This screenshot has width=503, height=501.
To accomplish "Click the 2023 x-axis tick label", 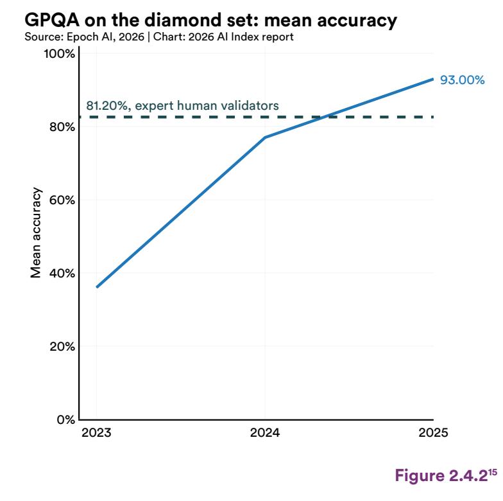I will point(96,433).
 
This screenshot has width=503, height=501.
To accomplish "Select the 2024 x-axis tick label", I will point(265,433).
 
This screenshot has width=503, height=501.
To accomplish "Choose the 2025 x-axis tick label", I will point(433,433).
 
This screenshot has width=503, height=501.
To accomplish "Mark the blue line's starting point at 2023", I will point(96,287).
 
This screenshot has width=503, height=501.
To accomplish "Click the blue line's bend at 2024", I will point(265,137).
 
